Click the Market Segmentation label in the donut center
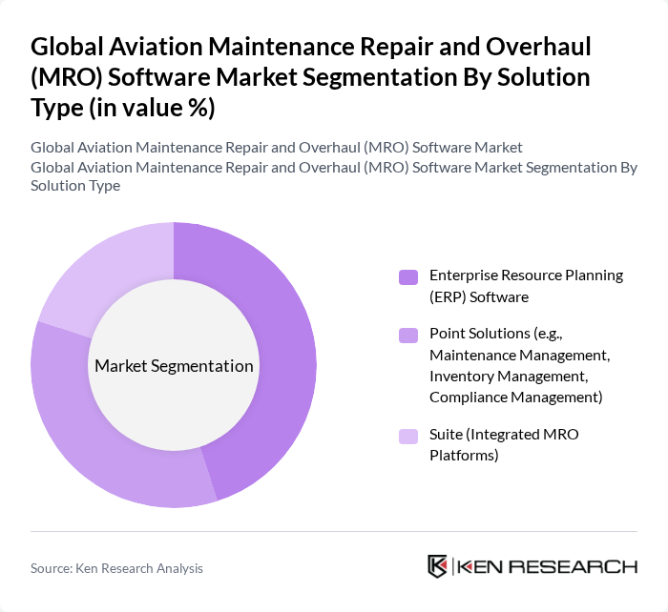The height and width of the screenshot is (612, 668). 174,366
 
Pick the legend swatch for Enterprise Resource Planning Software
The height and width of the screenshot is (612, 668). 408,277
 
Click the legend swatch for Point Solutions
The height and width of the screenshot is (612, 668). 408,335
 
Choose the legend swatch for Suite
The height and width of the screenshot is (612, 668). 408,437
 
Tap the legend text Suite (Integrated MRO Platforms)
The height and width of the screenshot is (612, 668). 504,445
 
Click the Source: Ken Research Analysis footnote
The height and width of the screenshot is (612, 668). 116,568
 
